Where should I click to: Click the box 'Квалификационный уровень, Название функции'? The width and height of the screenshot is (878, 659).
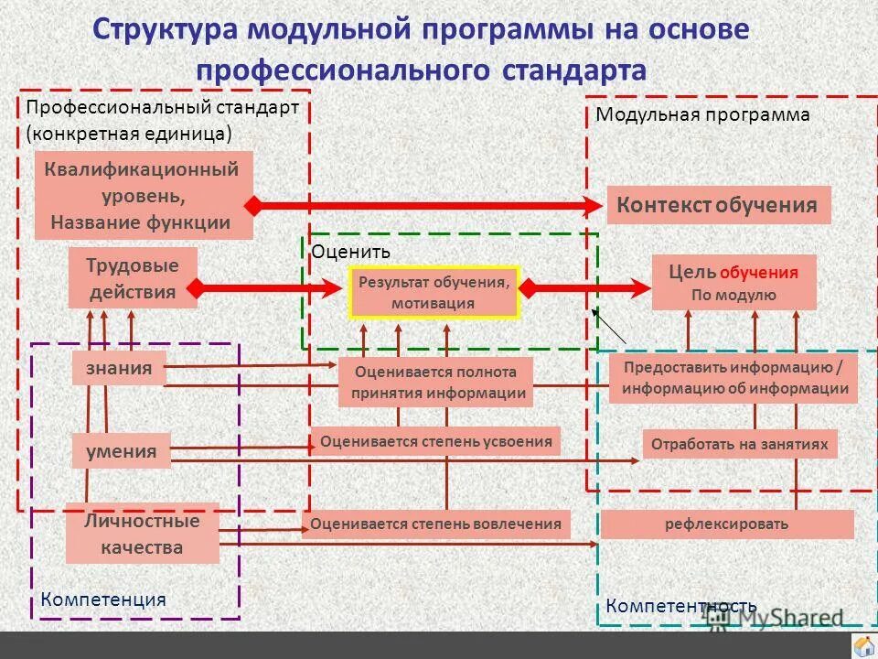(144, 196)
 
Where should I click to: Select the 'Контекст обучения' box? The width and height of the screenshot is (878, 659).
(718, 205)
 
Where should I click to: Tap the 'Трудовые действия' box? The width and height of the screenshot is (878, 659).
(133, 278)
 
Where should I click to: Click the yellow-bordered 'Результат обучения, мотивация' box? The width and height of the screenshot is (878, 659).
(434, 293)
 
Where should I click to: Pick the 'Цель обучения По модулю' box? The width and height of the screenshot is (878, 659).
(733, 283)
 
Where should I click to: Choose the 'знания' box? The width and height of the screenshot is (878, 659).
(119, 368)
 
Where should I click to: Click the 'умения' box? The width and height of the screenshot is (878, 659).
(121, 450)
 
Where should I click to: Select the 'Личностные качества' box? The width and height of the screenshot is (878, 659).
(142, 535)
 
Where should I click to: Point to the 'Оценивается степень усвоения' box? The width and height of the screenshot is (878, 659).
(435, 442)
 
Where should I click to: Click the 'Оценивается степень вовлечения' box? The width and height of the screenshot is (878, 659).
(435, 524)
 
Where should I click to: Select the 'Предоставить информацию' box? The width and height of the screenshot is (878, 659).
(733, 377)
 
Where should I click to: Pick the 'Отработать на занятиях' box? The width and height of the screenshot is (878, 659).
(739, 445)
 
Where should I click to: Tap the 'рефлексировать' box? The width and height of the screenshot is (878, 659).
(726, 524)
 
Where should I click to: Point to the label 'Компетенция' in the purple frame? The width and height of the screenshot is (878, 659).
(103, 600)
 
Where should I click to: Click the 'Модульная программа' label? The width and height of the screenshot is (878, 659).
(702, 114)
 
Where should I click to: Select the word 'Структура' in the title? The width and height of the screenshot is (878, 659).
(167, 29)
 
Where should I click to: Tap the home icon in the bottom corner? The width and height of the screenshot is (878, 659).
(862, 646)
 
